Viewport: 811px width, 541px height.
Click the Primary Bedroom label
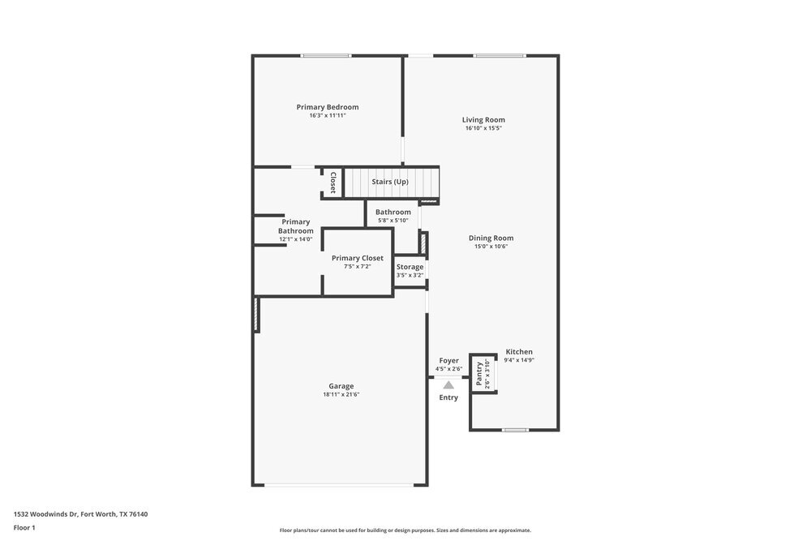tap(327, 107)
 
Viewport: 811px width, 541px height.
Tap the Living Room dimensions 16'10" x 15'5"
tap(483, 128)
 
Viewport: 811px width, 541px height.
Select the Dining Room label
tap(491, 238)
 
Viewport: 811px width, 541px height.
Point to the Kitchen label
tap(519, 351)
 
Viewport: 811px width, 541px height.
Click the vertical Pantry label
tap(479, 374)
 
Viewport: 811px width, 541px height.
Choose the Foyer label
tap(448, 360)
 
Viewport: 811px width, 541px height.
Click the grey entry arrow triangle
tap(448, 385)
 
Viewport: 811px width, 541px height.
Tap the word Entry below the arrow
tap(448, 397)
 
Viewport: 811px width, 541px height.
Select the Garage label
tap(341, 386)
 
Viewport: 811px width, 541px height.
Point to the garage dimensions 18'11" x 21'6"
tap(341, 395)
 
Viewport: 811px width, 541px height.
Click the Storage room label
tap(410, 267)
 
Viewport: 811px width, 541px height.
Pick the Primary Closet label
tap(357, 258)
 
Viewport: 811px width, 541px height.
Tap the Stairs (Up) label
tap(389, 182)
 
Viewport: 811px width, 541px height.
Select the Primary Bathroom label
tap(295, 226)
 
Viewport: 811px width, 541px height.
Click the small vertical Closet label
tap(333, 182)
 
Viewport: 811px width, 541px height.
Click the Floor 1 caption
tap(24, 527)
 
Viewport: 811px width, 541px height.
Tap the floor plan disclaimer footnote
tap(405, 530)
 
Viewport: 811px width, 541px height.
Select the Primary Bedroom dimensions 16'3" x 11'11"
tap(327, 116)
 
